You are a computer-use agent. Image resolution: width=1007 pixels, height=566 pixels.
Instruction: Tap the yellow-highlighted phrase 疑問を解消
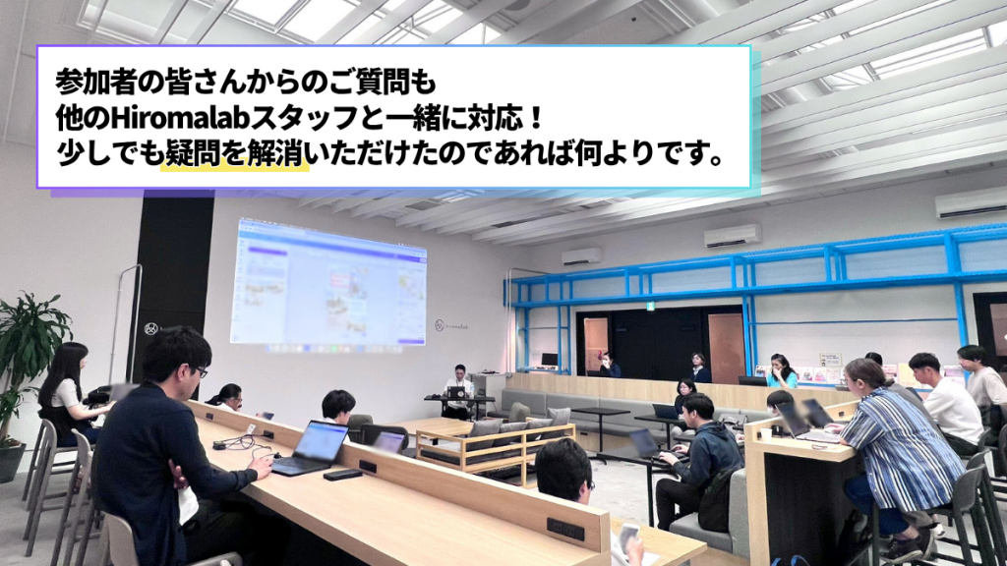point(234,154)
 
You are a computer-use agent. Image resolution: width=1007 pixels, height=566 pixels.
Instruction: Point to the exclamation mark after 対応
point(538,119)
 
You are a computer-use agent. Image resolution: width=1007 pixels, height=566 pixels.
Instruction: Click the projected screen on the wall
point(330,283)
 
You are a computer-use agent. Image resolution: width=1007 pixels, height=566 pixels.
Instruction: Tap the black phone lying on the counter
point(343,475)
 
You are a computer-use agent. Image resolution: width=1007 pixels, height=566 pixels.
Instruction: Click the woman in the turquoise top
point(781,371)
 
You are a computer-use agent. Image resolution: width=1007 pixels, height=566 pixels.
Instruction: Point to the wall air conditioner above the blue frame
point(732,236)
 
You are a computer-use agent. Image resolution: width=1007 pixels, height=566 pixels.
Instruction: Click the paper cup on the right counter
point(765,434)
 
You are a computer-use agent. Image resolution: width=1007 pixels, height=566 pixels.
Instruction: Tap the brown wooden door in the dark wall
point(727,347)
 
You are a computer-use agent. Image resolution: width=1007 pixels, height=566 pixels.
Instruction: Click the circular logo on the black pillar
point(150,330)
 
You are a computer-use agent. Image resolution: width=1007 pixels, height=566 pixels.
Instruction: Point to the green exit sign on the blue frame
point(650,307)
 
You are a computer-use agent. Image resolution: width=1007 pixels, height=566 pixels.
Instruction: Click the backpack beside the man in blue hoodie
point(715,496)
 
